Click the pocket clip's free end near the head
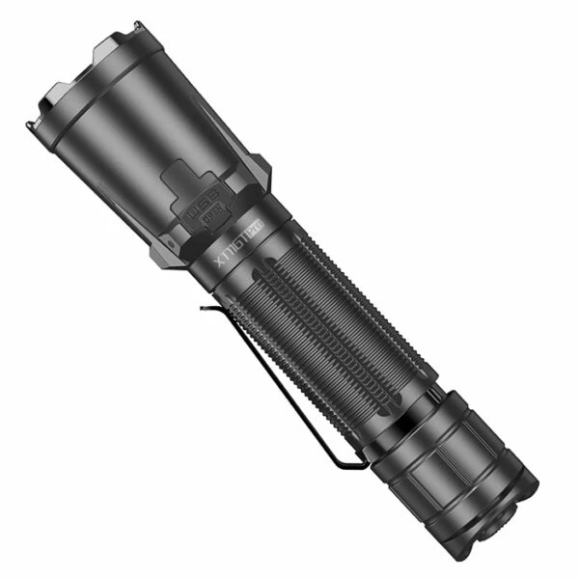tap(206, 309)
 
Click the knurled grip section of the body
tap(328, 328)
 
